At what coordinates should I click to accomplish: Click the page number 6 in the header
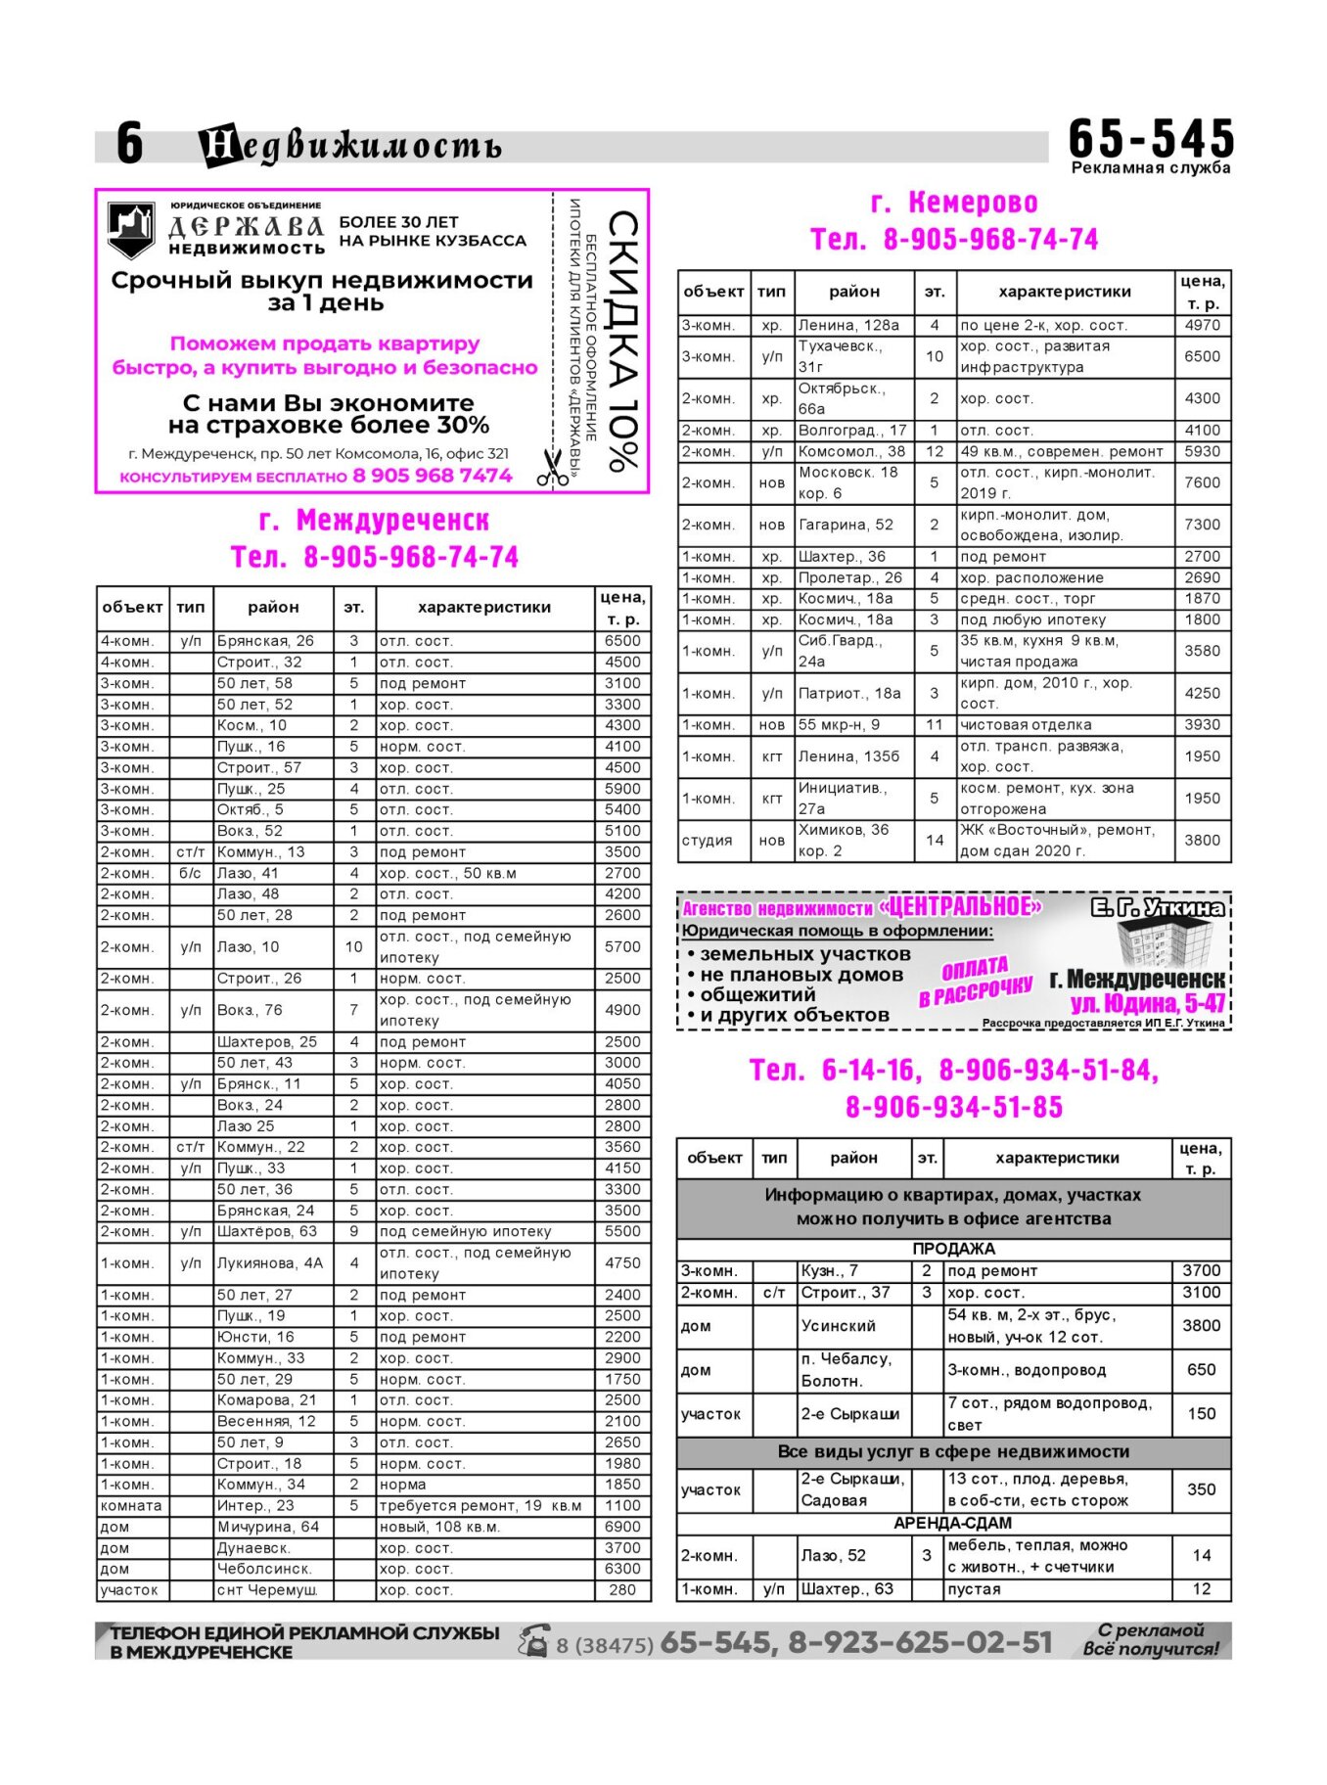click(x=129, y=144)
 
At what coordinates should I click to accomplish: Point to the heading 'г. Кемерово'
click(x=954, y=203)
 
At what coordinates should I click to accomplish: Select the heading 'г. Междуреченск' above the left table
click(x=374, y=520)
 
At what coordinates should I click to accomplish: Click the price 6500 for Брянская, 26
click(x=622, y=641)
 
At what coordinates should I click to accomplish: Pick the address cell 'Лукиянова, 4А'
click(x=270, y=1262)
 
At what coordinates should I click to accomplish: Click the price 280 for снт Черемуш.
click(x=622, y=1590)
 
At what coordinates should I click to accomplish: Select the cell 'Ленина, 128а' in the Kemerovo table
click(x=848, y=325)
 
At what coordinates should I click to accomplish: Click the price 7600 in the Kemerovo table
click(x=1202, y=482)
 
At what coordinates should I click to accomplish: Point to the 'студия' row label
click(x=708, y=841)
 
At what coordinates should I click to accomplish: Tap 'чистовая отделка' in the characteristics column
click(x=1026, y=725)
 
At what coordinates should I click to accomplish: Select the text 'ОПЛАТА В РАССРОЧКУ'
click(x=975, y=982)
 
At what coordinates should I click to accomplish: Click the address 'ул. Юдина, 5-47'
click(x=1147, y=1003)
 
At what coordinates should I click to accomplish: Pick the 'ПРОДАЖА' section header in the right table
click(x=953, y=1249)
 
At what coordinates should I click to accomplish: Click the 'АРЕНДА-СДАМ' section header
click(x=953, y=1524)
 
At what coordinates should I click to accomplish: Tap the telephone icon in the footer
click(x=534, y=1640)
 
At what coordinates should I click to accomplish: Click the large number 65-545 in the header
click(x=1151, y=138)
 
